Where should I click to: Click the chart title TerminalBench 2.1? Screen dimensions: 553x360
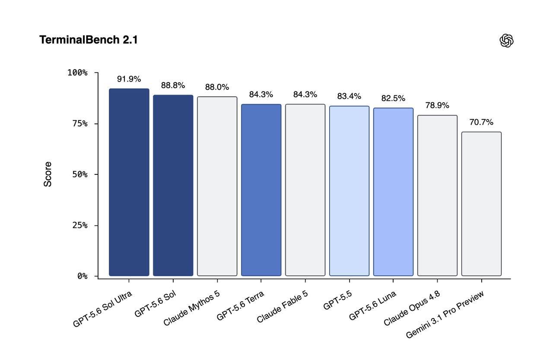[x=89, y=40]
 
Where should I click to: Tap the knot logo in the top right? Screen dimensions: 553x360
[x=506, y=41]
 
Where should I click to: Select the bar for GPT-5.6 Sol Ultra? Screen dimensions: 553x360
[x=129, y=182]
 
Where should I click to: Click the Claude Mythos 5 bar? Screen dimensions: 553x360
[x=217, y=186]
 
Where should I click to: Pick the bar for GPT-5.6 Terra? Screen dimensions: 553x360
[x=261, y=190]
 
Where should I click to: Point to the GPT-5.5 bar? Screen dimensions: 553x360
[x=350, y=191]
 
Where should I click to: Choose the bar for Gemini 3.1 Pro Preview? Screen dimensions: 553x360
[x=481, y=204]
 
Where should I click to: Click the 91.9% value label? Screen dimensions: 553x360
[x=129, y=79]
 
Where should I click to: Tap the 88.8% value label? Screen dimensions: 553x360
[x=173, y=85]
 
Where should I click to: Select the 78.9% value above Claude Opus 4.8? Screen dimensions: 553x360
[x=437, y=105]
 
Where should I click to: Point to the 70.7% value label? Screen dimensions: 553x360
[x=481, y=122]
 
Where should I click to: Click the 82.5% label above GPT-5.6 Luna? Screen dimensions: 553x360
[x=393, y=98]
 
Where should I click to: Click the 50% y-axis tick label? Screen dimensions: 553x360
[x=80, y=174]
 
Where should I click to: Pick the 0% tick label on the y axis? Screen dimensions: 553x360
[x=83, y=276]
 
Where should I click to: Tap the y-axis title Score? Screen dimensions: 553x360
[x=48, y=174]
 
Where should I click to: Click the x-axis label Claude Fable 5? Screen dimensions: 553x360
[x=282, y=306]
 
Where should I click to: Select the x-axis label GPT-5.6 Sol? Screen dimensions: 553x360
[x=155, y=303]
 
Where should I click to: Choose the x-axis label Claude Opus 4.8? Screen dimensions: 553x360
[x=412, y=308]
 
